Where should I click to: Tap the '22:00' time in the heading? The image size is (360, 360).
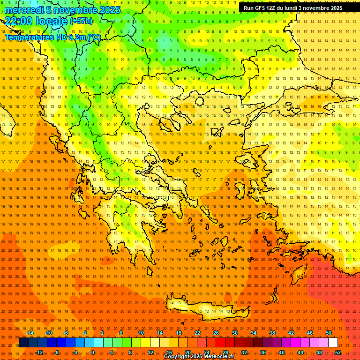tap(19, 21)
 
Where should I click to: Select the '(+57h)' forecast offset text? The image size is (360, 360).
tap(81, 21)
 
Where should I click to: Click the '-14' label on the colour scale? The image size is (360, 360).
tap(30, 333)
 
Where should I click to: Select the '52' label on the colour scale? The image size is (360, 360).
tap(338, 352)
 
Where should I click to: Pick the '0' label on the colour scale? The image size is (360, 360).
tap(93, 352)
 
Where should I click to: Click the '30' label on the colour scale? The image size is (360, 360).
tap(235, 333)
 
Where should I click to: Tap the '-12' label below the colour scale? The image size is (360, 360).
tap(39, 352)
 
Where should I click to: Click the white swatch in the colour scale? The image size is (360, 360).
tap(333, 343)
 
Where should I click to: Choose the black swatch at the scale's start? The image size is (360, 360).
tap(23, 343)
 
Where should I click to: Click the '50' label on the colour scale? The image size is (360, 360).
tap(328, 333)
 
